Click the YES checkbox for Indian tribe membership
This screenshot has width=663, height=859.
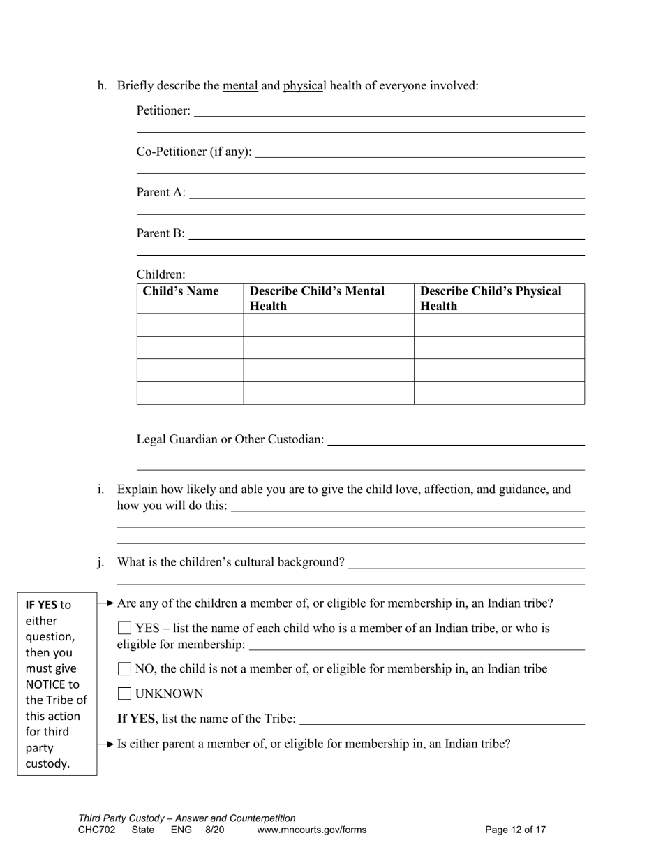125,628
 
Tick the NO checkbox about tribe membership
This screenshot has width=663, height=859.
125,669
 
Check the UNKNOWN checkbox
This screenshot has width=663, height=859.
125,693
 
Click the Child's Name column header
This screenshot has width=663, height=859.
181,291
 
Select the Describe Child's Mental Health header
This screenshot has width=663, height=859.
317,298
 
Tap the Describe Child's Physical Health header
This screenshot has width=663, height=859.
491,298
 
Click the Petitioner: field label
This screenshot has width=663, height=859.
163,110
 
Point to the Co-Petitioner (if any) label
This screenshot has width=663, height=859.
194,152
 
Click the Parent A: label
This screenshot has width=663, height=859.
161,192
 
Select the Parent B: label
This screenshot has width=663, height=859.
161,233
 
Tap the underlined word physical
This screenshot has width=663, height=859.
304,86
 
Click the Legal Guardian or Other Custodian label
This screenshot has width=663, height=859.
230,439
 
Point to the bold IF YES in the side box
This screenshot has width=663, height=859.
41,605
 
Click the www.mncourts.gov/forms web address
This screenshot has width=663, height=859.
311,830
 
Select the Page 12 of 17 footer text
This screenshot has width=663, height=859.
515,830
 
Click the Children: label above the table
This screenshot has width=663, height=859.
161,274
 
